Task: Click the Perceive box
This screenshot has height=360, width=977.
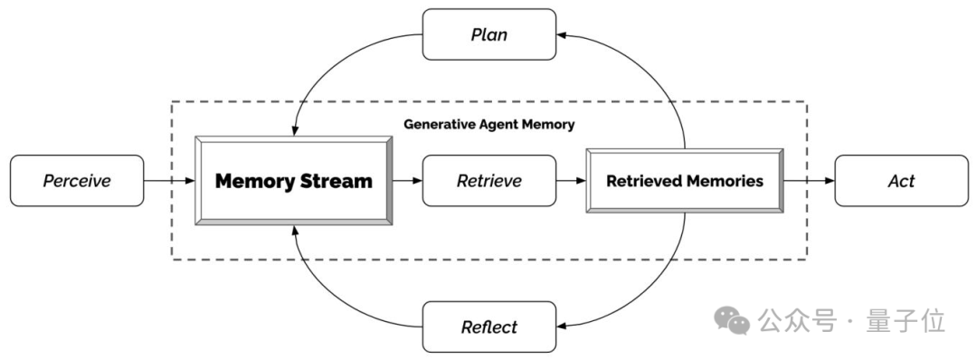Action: coord(77,181)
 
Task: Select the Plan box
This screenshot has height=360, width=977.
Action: coord(489,34)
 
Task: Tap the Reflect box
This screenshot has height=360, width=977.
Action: coord(489,327)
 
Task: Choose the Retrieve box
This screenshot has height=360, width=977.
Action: coord(489,181)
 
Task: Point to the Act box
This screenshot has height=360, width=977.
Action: coord(901,181)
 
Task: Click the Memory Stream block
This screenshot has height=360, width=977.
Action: coord(293,181)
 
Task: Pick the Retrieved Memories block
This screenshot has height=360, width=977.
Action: coord(685,181)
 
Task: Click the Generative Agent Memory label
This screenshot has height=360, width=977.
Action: coord(489,124)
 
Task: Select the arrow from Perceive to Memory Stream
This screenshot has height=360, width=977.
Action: coord(169,181)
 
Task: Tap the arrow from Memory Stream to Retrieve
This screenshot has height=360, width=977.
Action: coord(407,181)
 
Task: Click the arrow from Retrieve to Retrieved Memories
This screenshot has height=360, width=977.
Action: coord(572,181)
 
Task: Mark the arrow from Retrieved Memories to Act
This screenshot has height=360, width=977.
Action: coord(809,181)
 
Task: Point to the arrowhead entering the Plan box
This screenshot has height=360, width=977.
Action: coord(561,35)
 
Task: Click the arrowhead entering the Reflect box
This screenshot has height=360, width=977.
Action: coord(561,327)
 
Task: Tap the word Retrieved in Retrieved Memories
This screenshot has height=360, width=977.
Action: coord(642,181)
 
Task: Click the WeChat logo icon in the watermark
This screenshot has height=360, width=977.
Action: coord(732,320)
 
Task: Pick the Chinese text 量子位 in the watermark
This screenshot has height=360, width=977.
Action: coord(906,321)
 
